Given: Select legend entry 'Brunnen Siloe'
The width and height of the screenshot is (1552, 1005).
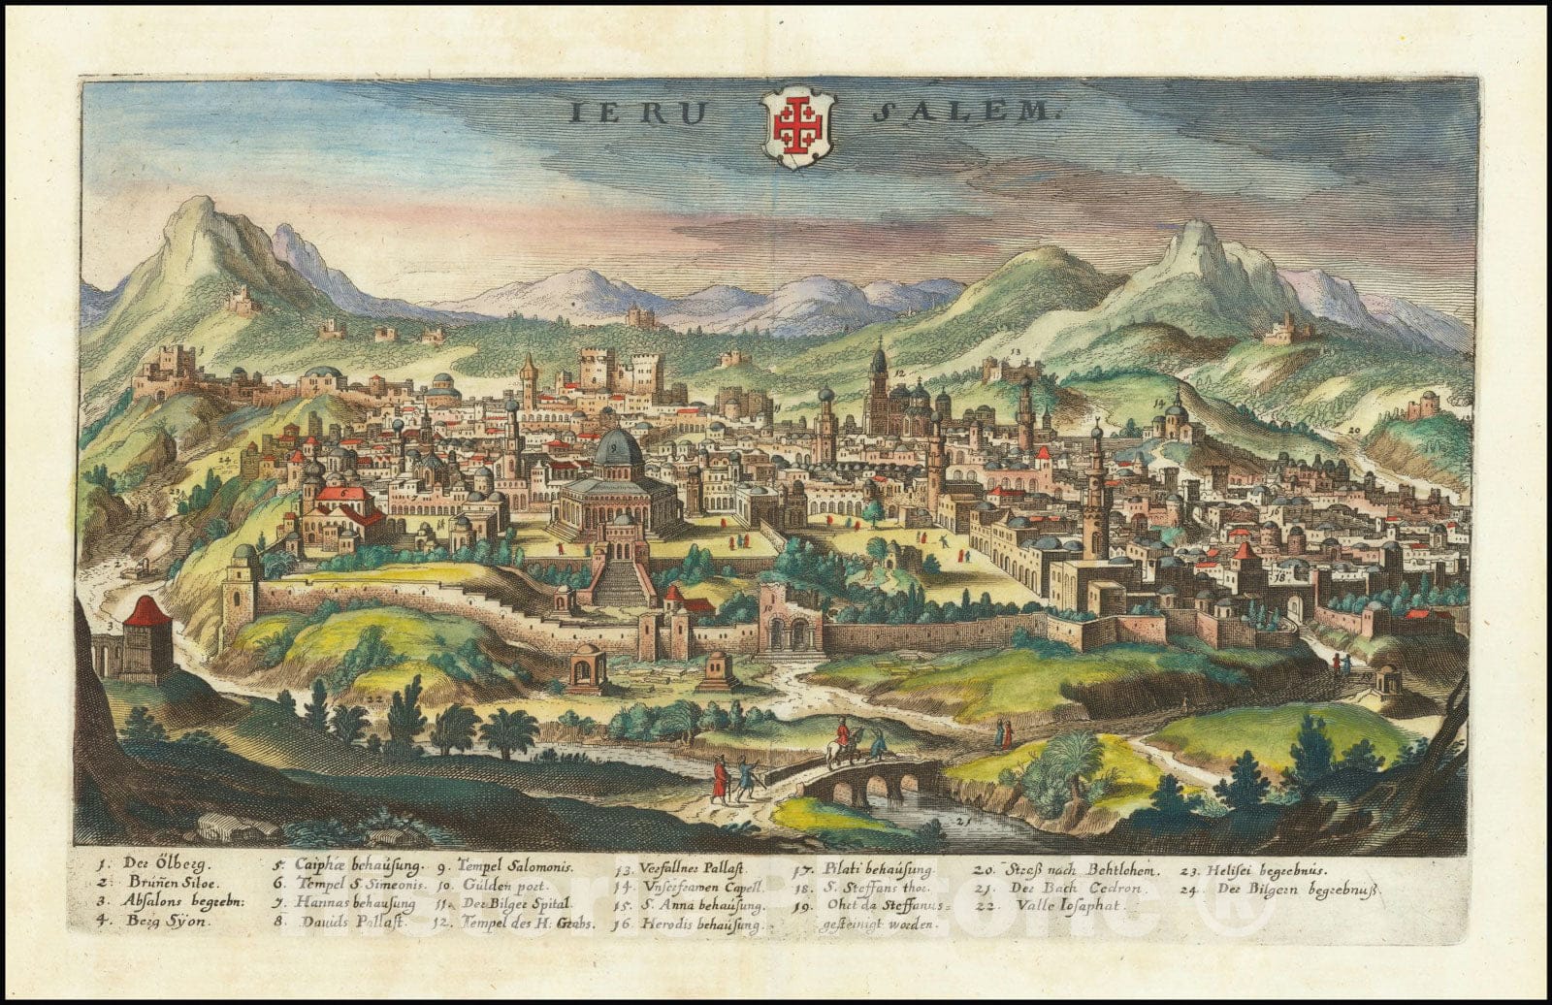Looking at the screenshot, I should pos(160,884).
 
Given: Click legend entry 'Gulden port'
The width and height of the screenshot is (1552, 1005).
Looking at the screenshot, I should pos(494,886).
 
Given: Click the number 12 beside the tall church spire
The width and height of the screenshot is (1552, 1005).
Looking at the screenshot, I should pos(900,373).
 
